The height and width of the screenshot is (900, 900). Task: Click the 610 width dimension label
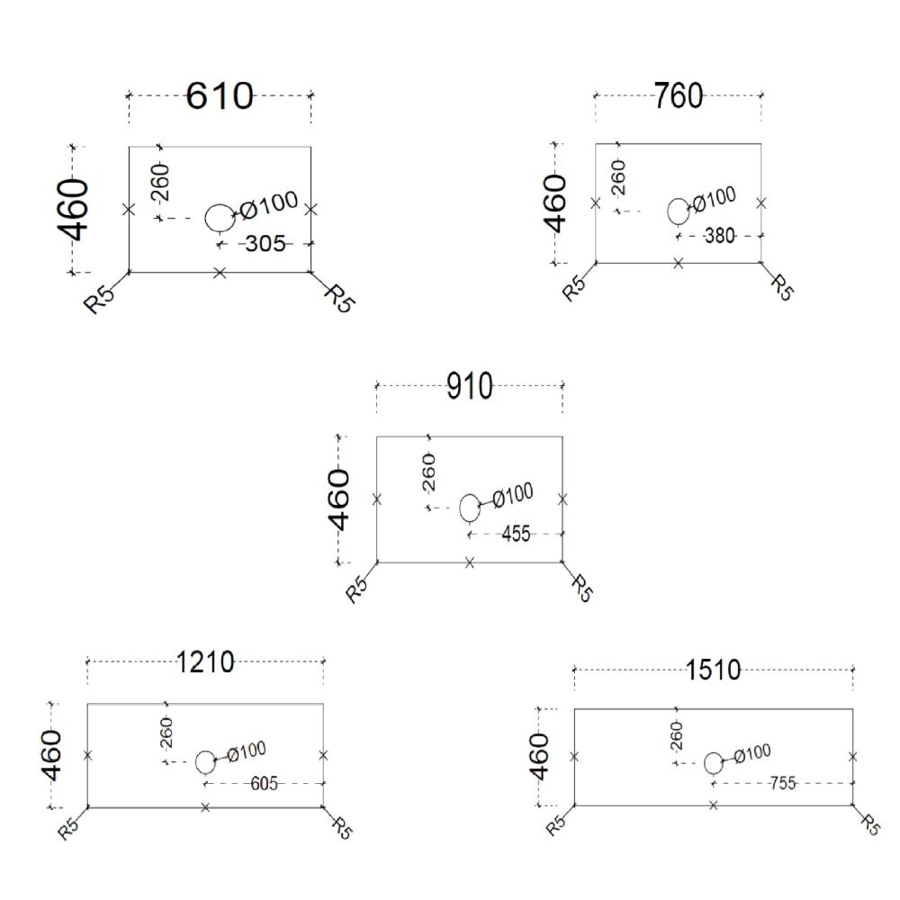(220, 95)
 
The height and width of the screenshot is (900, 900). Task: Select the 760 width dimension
(679, 95)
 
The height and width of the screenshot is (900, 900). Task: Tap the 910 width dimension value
(470, 387)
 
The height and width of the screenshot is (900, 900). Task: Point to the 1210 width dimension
(205, 663)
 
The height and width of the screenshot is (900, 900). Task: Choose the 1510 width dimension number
(713, 670)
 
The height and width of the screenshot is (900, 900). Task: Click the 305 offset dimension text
(265, 243)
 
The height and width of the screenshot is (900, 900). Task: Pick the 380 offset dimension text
(719, 236)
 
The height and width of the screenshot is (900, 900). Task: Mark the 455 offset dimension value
(515, 534)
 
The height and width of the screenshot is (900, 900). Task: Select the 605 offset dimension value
(263, 784)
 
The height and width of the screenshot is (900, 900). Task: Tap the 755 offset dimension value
(782, 783)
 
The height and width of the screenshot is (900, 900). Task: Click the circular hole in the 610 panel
(218, 217)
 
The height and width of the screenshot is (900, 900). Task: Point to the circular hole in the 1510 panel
(714, 763)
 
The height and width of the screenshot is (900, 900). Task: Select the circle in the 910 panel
(469, 508)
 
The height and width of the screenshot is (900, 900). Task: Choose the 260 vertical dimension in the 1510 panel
(677, 735)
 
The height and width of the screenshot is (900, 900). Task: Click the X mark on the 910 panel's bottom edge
(470, 562)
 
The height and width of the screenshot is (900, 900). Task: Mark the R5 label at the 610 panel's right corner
(339, 297)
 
